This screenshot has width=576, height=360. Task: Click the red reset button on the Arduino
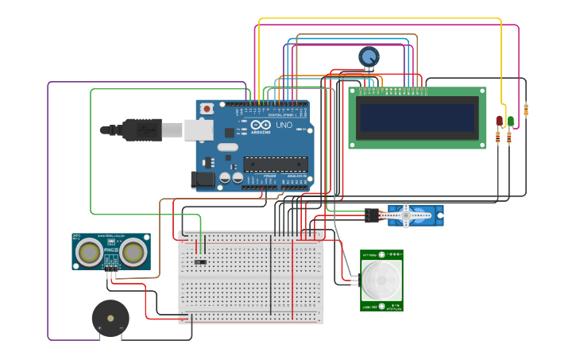207,108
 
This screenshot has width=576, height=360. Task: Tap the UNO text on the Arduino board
284,125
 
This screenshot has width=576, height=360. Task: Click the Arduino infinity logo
261,125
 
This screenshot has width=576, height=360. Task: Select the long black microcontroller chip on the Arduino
275,165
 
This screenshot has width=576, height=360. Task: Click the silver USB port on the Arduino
199,130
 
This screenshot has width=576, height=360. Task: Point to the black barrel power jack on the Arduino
203,180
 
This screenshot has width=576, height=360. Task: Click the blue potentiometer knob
369,57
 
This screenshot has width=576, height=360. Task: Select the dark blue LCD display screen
418,118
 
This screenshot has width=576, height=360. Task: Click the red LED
499,121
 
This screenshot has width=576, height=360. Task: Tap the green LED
510,121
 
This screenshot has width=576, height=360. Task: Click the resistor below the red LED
498,137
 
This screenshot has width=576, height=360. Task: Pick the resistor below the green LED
509,137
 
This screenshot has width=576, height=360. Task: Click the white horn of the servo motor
406,215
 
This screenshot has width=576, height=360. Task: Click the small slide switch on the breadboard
200,261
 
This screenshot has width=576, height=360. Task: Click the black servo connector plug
373,215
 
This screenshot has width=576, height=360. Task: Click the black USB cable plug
143,129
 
